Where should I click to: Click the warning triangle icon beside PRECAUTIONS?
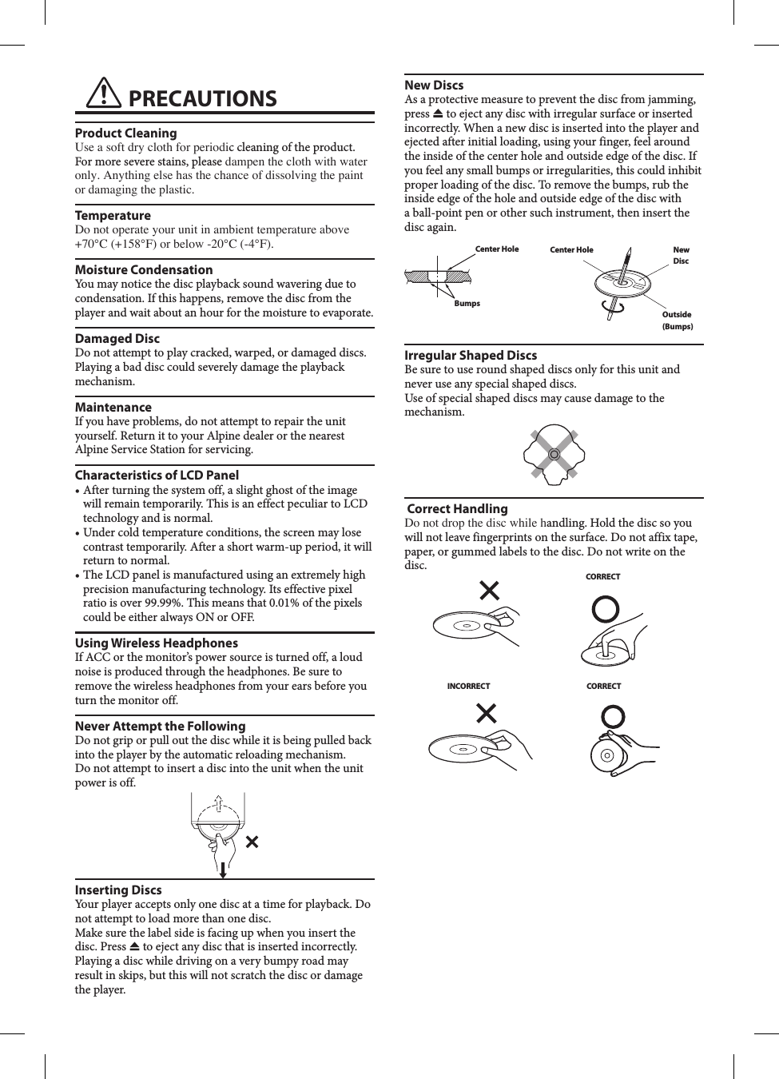coord(104,94)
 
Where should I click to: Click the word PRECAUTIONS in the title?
coord(202,98)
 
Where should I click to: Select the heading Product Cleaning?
coord(125,133)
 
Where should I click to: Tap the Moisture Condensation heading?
coord(144,269)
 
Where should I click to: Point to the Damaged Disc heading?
coord(117,338)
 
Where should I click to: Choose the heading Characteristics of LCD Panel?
coord(157,475)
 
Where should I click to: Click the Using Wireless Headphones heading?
coord(156,643)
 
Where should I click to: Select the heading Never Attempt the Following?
coord(160,726)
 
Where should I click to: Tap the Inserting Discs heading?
coord(118,890)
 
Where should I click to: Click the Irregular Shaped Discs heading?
coord(471,355)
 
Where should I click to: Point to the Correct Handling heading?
coord(457,508)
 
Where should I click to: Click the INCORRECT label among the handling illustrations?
coord(468,686)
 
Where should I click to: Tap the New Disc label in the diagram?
coord(681,255)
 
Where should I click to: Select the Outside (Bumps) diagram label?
coord(677,320)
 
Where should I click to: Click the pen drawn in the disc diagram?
coord(625,265)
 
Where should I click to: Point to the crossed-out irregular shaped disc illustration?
coord(554,454)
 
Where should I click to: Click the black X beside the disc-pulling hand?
coord(252,842)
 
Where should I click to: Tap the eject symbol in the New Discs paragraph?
coord(438,113)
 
